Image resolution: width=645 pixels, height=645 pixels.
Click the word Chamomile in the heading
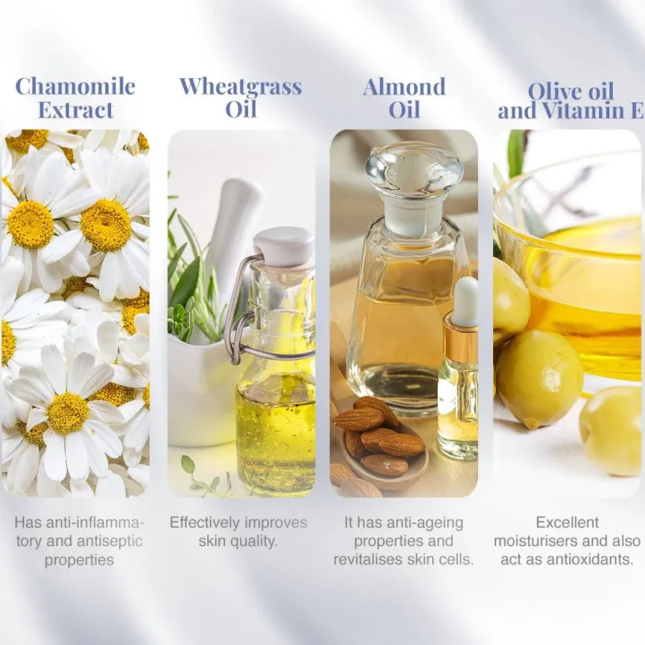click(x=75, y=86)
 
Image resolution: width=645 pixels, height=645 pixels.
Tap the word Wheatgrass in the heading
click(x=241, y=87)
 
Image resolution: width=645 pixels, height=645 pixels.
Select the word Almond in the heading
click(x=404, y=87)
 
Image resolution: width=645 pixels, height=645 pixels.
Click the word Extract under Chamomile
click(x=76, y=110)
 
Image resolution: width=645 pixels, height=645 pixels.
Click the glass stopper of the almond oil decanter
click(x=415, y=178)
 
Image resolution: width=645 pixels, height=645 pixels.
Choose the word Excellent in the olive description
click(x=568, y=522)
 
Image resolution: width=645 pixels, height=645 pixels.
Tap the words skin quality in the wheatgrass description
click(x=238, y=542)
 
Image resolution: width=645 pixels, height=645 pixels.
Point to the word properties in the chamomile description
click(x=79, y=560)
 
